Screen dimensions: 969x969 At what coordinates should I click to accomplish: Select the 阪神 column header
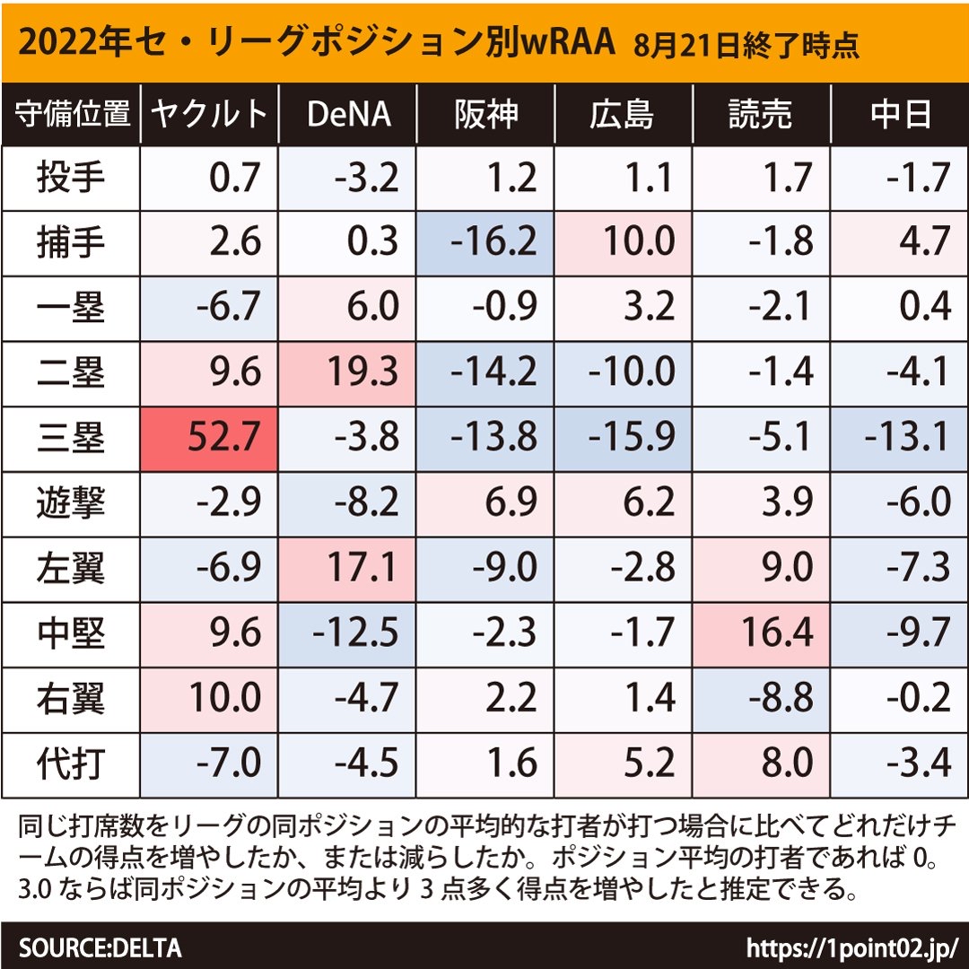click(x=485, y=114)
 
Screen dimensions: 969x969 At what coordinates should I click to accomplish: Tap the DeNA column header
click(x=348, y=114)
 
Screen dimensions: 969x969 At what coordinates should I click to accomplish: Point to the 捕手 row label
click(x=71, y=243)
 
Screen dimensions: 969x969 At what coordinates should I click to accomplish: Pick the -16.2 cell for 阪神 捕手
click(x=485, y=243)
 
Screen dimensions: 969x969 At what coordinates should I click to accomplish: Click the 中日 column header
click(x=900, y=114)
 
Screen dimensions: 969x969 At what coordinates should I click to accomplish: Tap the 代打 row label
click(x=71, y=764)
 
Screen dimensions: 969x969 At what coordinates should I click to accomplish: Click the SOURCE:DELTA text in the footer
click(x=100, y=947)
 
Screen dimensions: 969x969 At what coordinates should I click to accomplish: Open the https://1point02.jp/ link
click(x=853, y=947)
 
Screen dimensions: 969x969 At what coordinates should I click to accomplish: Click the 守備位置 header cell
click(x=72, y=114)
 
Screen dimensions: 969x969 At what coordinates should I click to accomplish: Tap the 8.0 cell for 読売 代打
click(x=762, y=764)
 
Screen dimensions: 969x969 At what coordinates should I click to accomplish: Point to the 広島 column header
click(x=624, y=114)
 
